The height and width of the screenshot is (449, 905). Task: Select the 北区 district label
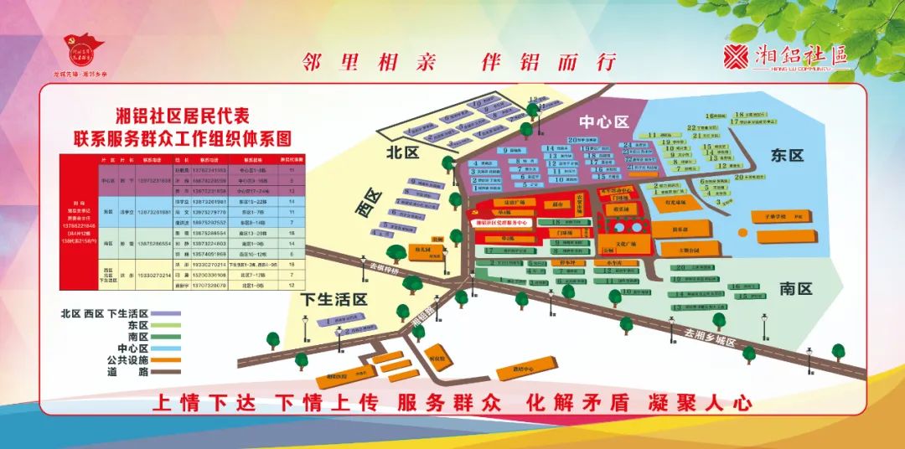(401, 153)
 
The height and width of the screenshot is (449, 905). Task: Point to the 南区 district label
(796, 289)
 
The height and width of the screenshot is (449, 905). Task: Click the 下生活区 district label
(335, 299)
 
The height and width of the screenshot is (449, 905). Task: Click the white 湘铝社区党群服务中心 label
(502, 224)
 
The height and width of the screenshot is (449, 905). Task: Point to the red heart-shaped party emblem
(83, 49)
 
